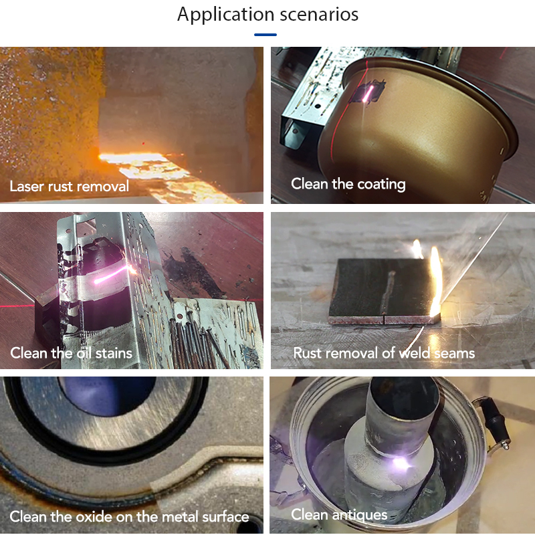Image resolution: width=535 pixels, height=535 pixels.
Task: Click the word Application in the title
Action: pyautogui.click(x=225, y=15)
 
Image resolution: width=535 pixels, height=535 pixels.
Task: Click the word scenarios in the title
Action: pyautogui.click(x=319, y=15)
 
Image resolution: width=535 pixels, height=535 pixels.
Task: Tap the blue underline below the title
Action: pyautogui.click(x=265, y=35)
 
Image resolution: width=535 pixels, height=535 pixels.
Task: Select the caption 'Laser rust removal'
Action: pyautogui.click(x=70, y=187)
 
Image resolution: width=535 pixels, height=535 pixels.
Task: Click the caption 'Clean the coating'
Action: pyautogui.click(x=348, y=184)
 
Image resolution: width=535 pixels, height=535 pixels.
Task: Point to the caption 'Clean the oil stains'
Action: pyautogui.click(x=71, y=353)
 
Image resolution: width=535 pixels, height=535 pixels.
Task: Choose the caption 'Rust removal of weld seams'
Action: pyautogui.click(x=384, y=353)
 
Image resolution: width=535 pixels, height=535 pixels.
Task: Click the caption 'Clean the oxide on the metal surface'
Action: pyautogui.click(x=129, y=516)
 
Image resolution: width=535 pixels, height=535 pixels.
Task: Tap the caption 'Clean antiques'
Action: pyautogui.click(x=339, y=514)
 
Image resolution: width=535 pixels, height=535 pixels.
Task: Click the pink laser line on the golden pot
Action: pyautogui.click(x=367, y=94)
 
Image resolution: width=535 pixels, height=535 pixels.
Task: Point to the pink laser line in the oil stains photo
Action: pyautogui.click(x=111, y=276)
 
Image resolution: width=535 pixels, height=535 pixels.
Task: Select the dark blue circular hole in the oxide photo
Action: pyautogui.click(x=108, y=396)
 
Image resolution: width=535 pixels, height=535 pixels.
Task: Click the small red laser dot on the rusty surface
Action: pyautogui.click(x=143, y=144)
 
